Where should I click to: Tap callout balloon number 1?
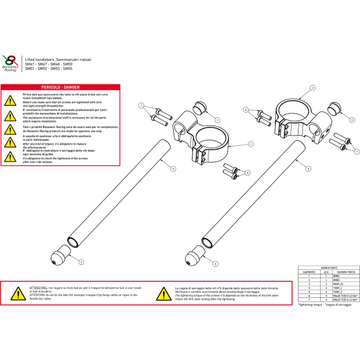(250, 144)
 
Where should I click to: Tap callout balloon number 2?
(311, 87)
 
